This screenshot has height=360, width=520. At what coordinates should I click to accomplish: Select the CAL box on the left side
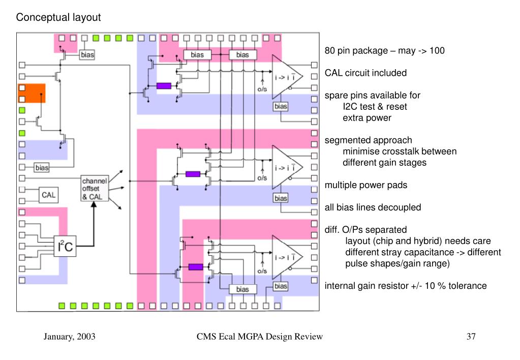(48, 195)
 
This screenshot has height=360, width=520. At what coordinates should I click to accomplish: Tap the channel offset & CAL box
(95, 188)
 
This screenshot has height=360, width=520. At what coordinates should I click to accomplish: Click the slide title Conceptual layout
(58, 17)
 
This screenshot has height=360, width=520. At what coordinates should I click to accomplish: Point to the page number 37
(471, 337)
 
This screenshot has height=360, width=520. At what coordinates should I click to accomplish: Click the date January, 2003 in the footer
(70, 337)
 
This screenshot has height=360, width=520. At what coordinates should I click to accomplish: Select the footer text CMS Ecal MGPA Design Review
(259, 337)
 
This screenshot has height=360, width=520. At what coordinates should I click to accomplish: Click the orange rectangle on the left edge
(32, 93)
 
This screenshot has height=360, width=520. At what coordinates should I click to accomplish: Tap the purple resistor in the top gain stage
(164, 85)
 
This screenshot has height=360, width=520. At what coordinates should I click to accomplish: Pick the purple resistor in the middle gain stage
(193, 174)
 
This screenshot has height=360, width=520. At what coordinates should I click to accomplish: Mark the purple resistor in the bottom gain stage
(196, 267)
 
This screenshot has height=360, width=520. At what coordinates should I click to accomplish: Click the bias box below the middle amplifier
(281, 198)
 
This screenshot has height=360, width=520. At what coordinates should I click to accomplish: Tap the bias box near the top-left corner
(87, 55)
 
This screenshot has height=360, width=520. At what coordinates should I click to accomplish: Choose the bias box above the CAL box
(42, 167)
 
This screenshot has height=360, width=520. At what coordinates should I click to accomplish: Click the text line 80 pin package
(385, 50)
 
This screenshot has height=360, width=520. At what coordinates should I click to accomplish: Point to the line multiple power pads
(366, 185)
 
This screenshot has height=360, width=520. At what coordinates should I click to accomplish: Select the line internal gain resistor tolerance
(406, 286)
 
